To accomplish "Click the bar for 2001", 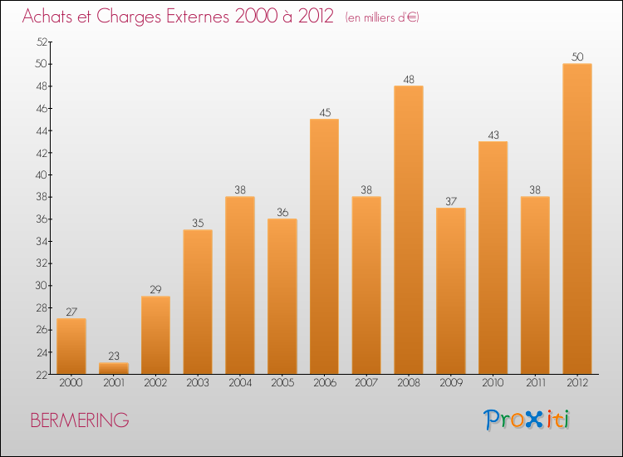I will pos(113,368).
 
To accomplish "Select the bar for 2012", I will pos(576,219).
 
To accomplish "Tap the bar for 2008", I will pos(408,229).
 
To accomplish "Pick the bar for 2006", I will pos(324,246).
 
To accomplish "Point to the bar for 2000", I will pos(71,346).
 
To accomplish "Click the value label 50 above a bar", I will pos(576,57).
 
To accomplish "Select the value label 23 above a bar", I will pos(113,356).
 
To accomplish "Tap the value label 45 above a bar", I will pos(324,113).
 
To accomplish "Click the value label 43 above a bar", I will pos(493,135).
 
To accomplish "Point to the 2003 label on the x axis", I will pos(198,383).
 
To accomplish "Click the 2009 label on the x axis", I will pos(450,383).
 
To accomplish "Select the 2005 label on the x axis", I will pos(282,383).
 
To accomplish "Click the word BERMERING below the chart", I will pos(79,420).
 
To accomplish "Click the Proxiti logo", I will pos(527,420).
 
